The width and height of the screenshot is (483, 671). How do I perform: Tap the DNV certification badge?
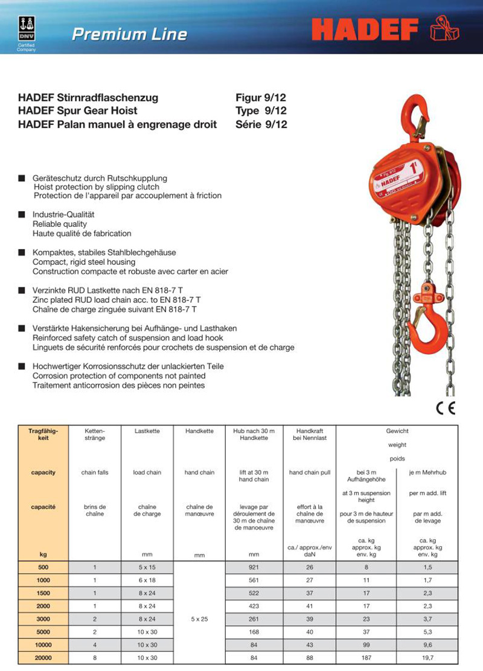click(26, 30)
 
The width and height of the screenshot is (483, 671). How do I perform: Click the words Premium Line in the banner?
click(129, 34)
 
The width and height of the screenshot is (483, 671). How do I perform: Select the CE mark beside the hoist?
click(446, 408)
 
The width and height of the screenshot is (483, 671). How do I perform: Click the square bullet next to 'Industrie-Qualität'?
click(21, 214)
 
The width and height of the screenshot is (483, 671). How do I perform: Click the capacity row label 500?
click(43, 567)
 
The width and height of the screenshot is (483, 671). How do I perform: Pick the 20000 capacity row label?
click(43, 658)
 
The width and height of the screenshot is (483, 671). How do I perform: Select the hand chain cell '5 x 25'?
click(199, 619)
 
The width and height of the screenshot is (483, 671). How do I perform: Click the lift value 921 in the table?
click(254, 567)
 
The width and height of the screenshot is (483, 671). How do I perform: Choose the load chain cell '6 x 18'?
click(147, 580)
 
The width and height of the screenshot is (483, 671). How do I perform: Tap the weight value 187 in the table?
click(366, 658)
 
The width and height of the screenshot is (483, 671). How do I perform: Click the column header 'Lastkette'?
click(147, 431)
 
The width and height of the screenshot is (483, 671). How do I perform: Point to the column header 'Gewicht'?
click(397, 431)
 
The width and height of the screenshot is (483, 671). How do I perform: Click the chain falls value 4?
click(95, 645)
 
